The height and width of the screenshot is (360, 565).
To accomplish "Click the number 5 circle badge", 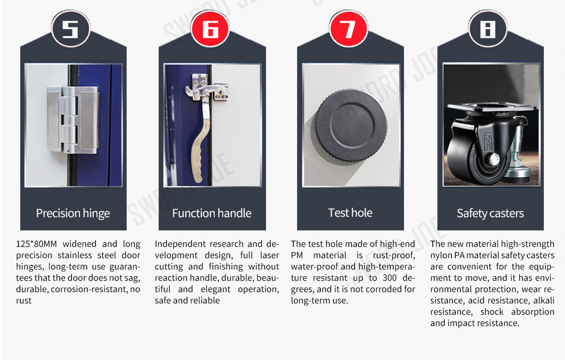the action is tap(71, 29).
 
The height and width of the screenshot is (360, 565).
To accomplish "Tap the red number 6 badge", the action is tap(210, 29).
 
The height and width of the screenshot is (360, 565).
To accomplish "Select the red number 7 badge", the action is tap(348, 29).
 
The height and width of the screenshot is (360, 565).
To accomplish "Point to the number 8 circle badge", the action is tap(488, 29).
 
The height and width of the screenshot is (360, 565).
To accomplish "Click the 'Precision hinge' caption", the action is tap(73, 213).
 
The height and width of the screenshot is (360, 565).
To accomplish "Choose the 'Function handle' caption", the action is tap(212, 213).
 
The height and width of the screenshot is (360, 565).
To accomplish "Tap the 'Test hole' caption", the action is tap(350, 213).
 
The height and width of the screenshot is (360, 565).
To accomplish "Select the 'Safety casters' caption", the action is tap(490, 213).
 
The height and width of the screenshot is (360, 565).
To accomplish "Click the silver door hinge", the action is tap(73, 120).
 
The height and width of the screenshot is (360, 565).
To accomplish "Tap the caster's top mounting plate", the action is tap(492, 108).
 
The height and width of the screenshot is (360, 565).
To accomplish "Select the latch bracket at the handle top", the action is tap(207, 87).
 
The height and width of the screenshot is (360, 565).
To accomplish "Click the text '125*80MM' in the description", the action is tap(36, 244).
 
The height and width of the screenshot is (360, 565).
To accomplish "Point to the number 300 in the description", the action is tap(390, 278).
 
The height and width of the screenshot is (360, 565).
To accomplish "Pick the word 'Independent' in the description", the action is tap(179, 245).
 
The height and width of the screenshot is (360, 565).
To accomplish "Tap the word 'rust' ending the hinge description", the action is tap(24, 301).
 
